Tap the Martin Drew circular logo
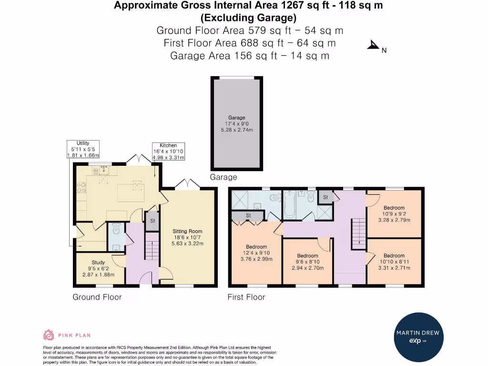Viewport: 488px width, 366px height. click(x=418, y=337)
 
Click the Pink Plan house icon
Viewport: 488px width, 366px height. click(x=48, y=335)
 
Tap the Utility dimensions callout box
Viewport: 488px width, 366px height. click(x=83, y=149)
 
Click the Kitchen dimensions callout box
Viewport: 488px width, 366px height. click(x=168, y=152)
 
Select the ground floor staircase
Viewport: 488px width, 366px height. click(x=152, y=246)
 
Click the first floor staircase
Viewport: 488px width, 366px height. click(x=359, y=234)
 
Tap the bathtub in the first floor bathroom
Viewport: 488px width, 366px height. click(x=289, y=204)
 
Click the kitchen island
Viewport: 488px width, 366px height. click(x=131, y=193)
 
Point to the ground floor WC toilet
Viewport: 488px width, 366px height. click(x=116, y=229)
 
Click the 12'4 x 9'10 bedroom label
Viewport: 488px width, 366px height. click(x=256, y=253)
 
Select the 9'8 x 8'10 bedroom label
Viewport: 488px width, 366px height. click(x=307, y=262)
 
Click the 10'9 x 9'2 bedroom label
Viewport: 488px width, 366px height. click(x=394, y=214)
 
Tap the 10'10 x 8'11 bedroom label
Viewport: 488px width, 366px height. click(x=394, y=262)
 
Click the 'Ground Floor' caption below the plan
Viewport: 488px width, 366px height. click(x=97, y=297)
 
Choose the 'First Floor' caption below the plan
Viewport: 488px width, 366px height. click(x=246, y=297)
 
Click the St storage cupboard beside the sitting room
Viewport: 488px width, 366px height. click(x=152, y=221)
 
